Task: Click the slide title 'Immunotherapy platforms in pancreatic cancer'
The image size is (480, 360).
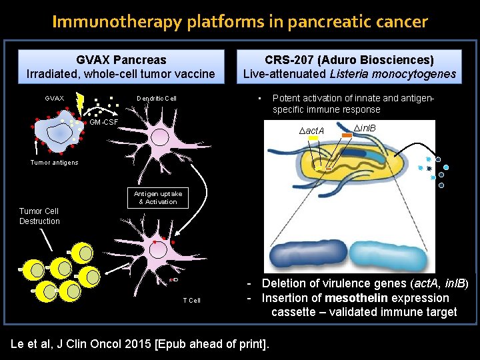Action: click(x=240, y=22)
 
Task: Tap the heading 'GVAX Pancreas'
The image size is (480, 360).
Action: click(x=121, y=60)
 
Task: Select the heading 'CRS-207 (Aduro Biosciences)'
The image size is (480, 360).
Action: click(x=349, y=60)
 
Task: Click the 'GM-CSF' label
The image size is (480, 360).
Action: click(x=104, y=123)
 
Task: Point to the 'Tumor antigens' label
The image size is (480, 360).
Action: click(x=54, y=163)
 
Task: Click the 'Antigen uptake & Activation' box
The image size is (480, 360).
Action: click(x=158, y=197)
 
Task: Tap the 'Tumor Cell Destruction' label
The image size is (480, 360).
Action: click(x=39, y=216)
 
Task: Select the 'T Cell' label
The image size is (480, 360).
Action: click(x=192, y=301)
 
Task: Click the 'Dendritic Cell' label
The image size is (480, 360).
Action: click(x=157, y=99)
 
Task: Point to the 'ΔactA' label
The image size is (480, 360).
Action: click(x=311, y=131)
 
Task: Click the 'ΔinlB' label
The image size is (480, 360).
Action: click(x=364, y=127)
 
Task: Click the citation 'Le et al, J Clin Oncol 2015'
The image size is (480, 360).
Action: click(x=140, y=344)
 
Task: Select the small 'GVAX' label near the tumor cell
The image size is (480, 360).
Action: click(x=55, y=99)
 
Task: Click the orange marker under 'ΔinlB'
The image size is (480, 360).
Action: click(x=346, y=136)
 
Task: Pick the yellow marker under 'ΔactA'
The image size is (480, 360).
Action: click(x=313, y=139)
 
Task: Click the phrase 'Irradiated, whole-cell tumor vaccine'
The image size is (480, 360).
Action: click(x=121, y=74)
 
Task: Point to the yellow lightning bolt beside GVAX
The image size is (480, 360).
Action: click(x=79, y=102)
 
